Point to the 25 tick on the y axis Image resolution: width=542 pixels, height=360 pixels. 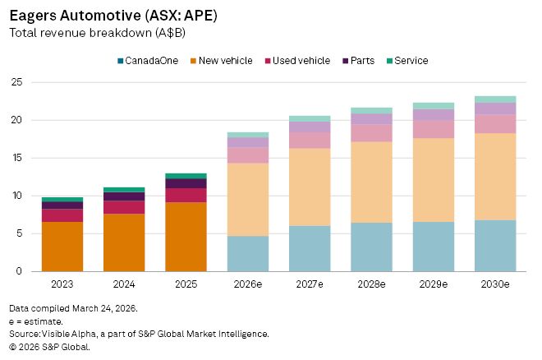tap(16, 82)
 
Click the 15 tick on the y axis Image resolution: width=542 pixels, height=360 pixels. tap(16, 158)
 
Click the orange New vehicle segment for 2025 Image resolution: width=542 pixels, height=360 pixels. tap(186, 237)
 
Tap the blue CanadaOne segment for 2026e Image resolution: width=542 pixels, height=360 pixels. tap(247, 253)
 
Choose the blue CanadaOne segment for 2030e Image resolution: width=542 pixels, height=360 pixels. tap(494, 245)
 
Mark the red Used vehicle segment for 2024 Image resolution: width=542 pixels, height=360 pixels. tap(124, 207)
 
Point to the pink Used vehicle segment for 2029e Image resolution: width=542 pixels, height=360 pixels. tap(433, 129)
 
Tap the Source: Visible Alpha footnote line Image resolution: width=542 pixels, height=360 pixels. tap(139, 334)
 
